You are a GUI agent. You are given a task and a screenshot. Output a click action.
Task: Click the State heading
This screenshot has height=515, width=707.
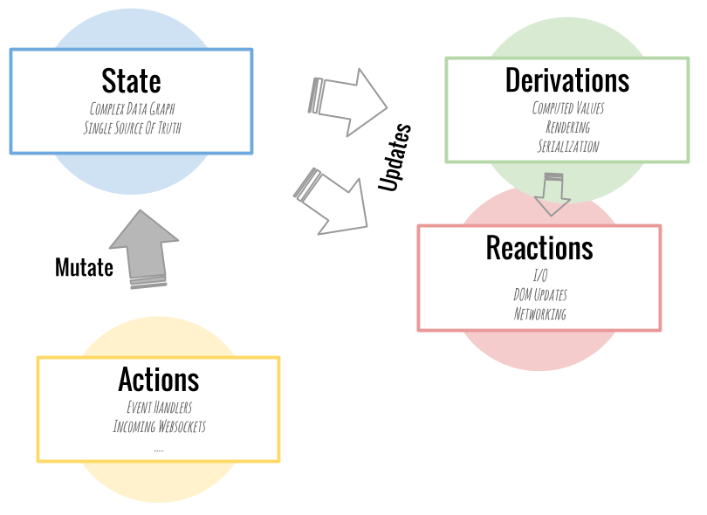(x=131, y=81)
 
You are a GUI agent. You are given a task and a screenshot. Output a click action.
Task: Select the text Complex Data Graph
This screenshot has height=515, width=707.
(x=131, y=109)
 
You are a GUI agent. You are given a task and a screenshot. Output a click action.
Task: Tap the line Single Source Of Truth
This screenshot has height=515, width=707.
(x=132, y=128)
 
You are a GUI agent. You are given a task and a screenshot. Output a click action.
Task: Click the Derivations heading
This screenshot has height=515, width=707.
(x=566, y=79)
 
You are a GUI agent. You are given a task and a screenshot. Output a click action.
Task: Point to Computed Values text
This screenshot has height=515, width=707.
(x=567, y=108)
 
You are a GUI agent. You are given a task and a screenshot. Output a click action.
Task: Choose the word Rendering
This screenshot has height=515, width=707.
(x=567, y=127)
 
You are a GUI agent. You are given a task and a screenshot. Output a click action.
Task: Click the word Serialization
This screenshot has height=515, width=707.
(x=567, y=147)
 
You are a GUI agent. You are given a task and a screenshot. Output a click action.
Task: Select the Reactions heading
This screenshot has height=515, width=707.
(x=539, y=248)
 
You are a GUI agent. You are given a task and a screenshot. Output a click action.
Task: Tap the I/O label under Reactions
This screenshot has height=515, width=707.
(x=539, y=276)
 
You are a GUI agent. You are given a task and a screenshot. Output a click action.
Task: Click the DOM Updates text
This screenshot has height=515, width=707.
(x=539, y=295)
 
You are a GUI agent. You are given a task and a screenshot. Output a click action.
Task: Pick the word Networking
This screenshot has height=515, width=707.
(x=539, y=314)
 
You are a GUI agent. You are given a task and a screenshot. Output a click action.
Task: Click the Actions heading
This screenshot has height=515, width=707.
(x=158, y=380)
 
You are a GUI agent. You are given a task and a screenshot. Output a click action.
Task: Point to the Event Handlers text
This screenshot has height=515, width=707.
(x=158, y=408)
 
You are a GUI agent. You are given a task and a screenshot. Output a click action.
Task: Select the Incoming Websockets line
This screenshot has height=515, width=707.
(x=159, y=427)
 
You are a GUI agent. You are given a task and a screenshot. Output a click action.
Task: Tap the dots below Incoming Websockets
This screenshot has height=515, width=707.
(x=158, y=449)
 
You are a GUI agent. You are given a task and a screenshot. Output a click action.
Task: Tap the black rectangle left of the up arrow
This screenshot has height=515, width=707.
(x=92, y=267)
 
